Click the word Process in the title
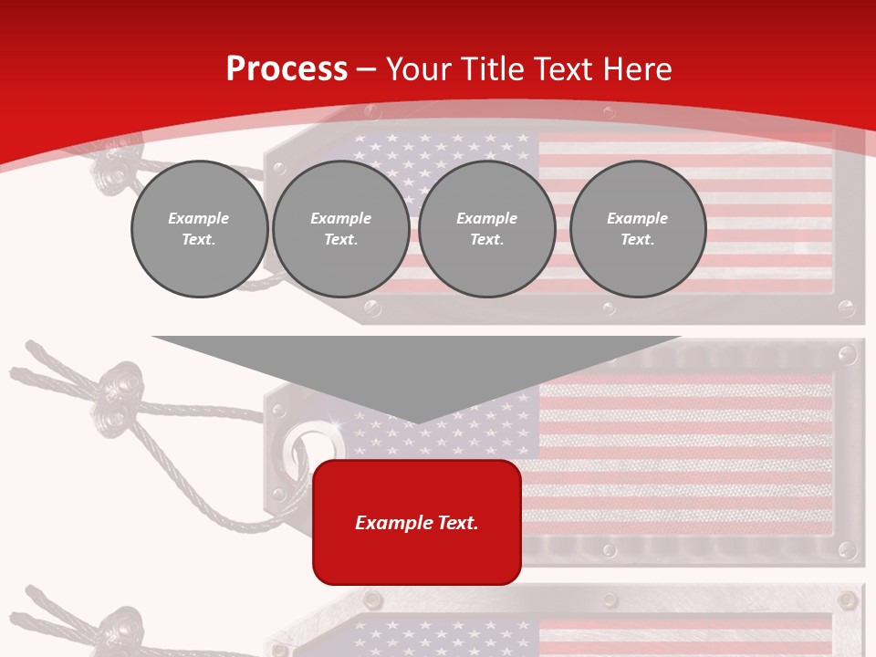pyautogui.click(x=287, y=69)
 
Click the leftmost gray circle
pyautogui.click(x=199, y=229)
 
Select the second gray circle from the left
pyautogui.click(x=340, y=229)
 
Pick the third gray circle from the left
pyautogui.click(x=486, y=229)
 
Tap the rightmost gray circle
pyautogui.click(x=637, y=229)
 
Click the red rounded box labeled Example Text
pyautogui.click(x=417, y=522)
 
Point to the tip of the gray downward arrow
pyautogui.click(x=417, y=422)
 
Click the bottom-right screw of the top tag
pyautogui.click(x=847, y=308)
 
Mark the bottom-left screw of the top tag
pyautogui.click(x=371, y=308)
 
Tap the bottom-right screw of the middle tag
pyautogui.click(x=847, y=549)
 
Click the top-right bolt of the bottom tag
pyautogui.click(x=847, y=600)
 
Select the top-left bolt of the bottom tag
pyautogui.click(x=371, y=599)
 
